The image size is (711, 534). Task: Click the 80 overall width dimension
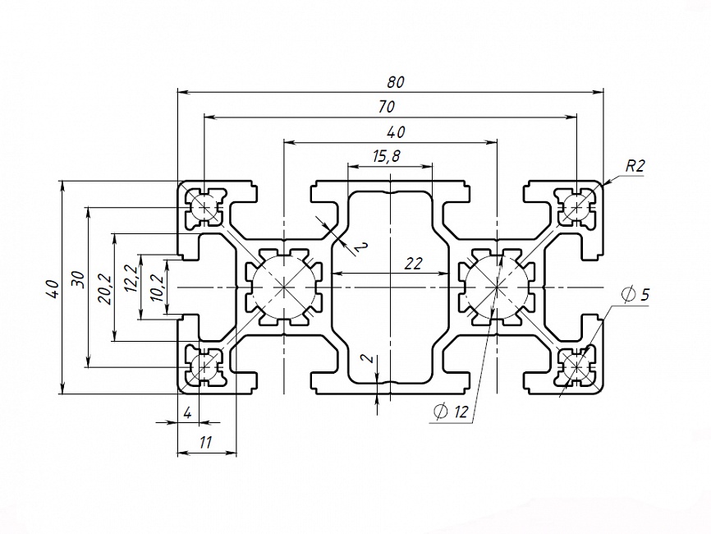(397, 82)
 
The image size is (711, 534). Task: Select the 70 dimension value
(388, 107)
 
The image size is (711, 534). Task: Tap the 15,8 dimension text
(386, 156)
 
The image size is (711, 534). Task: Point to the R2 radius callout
(635, 165)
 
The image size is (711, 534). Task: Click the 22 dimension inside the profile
(413, 263)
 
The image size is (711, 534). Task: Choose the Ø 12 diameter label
(451, 412)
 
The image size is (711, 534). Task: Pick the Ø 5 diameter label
(635, 294)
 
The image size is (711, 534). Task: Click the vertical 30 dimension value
(77, 279)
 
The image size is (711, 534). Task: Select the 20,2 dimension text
(104, 288)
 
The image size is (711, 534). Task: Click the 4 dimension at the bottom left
(187, 413)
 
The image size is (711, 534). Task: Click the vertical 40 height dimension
(52, 288)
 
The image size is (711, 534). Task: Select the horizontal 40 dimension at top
(396, 131)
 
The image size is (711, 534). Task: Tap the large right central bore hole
(497, 287)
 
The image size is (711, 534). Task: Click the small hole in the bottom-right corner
(576, 366)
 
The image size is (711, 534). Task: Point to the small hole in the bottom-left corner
(204, 366)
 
